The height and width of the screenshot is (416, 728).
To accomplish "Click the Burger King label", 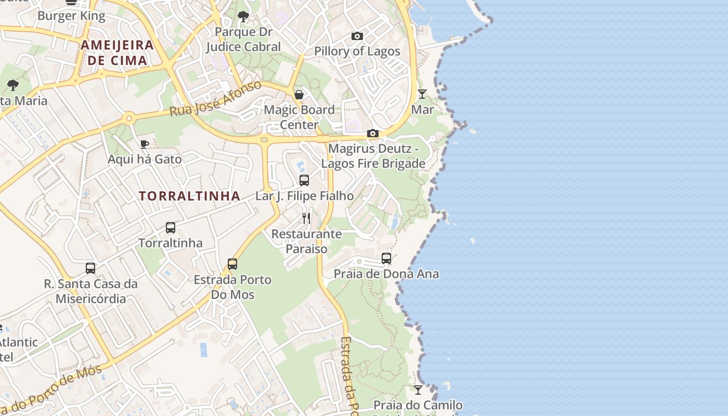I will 71,16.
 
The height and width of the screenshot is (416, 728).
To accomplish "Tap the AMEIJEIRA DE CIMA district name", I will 118,53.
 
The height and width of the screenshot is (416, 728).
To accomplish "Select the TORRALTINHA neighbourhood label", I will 189,196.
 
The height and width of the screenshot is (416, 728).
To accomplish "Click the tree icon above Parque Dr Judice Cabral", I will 243,17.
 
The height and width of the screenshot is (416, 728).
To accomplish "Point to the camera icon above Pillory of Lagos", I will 357,36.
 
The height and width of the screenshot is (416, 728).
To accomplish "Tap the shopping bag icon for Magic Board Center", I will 299,95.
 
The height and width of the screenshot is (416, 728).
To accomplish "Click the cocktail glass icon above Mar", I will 422,94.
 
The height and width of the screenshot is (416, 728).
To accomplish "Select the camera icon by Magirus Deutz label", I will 372,134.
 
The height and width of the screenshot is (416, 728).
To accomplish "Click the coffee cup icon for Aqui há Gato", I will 145,144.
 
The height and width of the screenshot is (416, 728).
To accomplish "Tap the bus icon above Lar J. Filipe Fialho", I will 304,180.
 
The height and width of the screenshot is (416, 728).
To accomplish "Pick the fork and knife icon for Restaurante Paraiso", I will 306,218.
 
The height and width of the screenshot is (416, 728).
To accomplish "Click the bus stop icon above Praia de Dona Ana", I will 386,258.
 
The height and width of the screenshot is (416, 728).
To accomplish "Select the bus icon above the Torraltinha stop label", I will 171,228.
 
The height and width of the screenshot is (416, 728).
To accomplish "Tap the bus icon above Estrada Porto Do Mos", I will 232,264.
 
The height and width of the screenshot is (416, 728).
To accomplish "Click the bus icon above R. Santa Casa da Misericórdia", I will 90,268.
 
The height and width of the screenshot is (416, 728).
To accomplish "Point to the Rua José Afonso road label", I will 216,99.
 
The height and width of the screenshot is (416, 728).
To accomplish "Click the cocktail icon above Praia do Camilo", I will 418,389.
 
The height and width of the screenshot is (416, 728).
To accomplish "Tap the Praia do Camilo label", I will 418,405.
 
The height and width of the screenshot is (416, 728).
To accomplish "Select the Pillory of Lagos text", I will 357,51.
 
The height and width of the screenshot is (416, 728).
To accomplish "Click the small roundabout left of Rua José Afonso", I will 128,119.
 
